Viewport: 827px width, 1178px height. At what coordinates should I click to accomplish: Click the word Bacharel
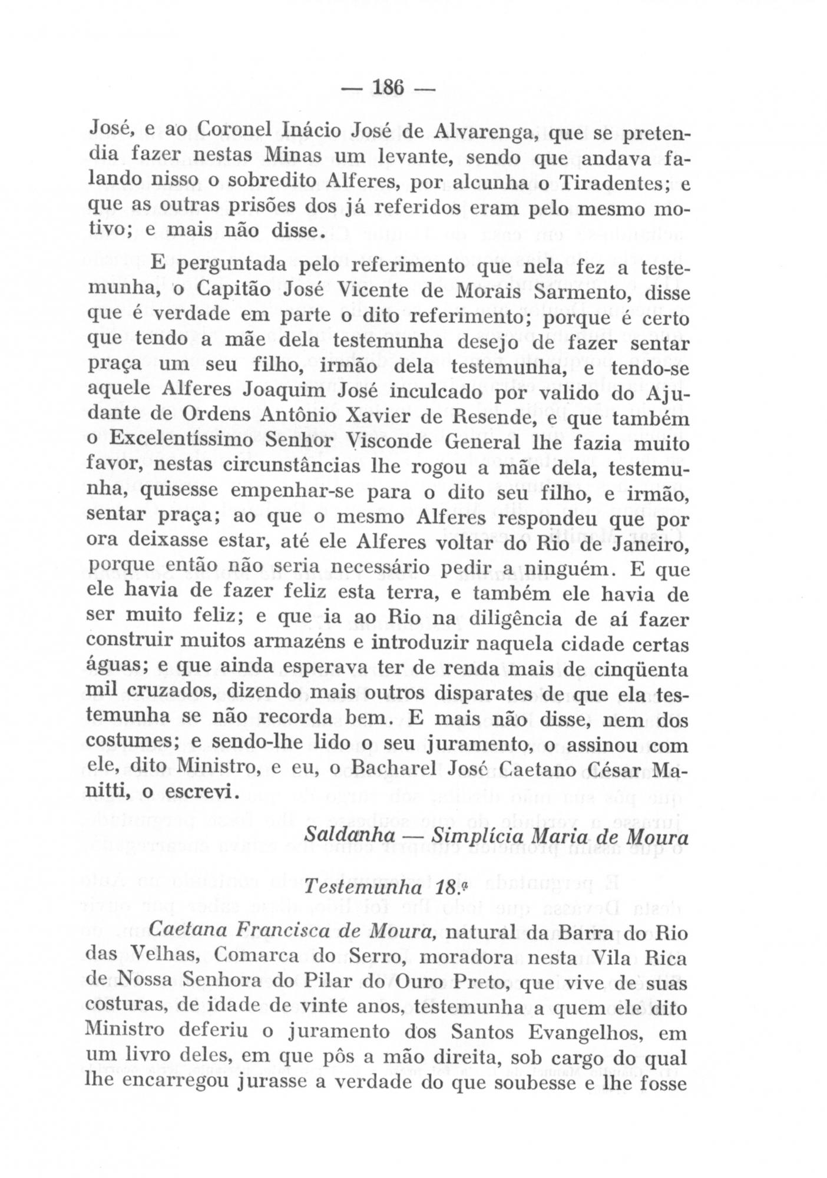[394, 770]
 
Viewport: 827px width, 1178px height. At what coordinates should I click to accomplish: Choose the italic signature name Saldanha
[350, 836]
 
